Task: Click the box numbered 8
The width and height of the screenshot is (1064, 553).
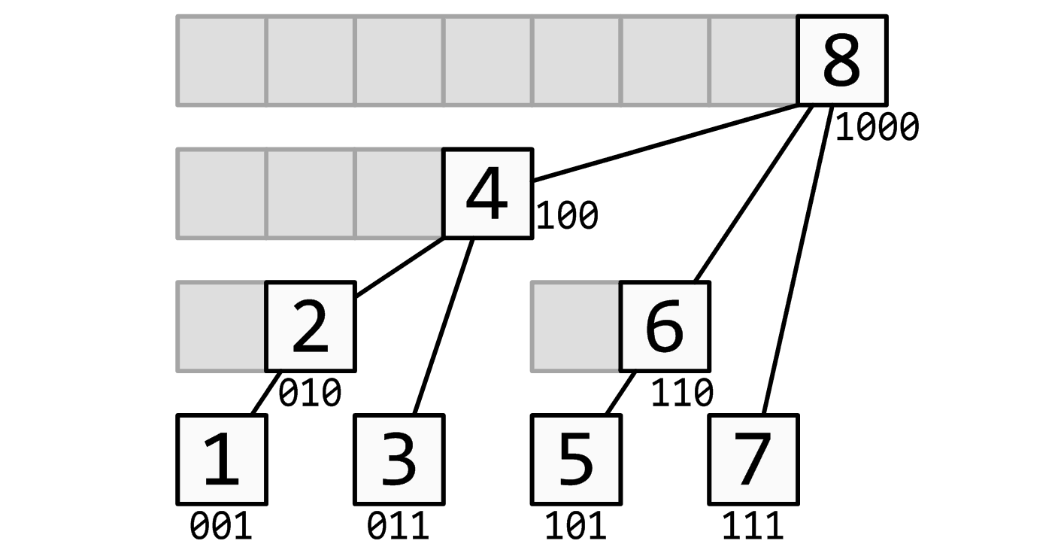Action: (842, 60)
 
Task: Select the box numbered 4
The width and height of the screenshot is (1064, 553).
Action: (488, 193)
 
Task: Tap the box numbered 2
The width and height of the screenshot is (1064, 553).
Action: (311, 327)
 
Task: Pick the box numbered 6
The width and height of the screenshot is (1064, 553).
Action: (665, 327)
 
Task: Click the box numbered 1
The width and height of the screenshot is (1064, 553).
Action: (222, 460)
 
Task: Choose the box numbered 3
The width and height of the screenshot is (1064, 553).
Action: (399, 460)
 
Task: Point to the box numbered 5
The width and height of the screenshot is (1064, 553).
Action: (576, 460)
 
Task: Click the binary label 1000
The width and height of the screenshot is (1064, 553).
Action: (877, 127)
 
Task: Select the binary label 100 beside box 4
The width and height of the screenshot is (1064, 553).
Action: (567, 216)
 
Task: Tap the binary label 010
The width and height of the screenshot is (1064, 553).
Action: (310, 393)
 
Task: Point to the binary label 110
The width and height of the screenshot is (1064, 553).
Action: (682, 393)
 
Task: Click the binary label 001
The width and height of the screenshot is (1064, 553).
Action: (221, 526)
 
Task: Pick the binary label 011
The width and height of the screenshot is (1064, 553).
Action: (398, 526)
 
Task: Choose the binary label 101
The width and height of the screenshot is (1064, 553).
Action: (576, 526)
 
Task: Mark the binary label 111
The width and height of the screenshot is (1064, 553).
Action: (753, 526)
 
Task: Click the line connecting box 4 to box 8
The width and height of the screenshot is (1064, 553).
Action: (666, 142)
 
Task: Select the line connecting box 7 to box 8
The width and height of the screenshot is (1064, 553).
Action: (798, 260)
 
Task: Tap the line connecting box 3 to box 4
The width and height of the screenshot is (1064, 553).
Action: (444, 327)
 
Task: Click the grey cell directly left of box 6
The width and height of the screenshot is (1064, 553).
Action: (575, 327)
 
